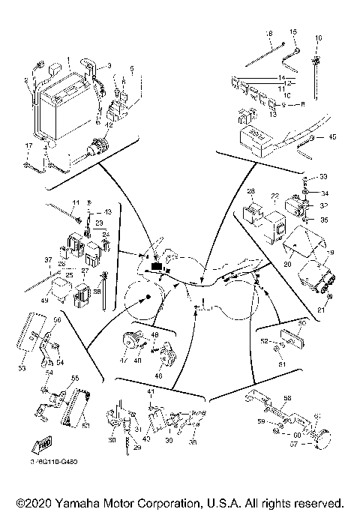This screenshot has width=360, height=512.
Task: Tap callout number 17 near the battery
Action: (27, 145)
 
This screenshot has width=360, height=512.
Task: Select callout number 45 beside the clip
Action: (332, 137)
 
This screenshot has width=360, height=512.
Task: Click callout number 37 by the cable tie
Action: (28, 261)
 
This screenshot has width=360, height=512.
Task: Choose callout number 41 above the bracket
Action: (150, 391)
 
